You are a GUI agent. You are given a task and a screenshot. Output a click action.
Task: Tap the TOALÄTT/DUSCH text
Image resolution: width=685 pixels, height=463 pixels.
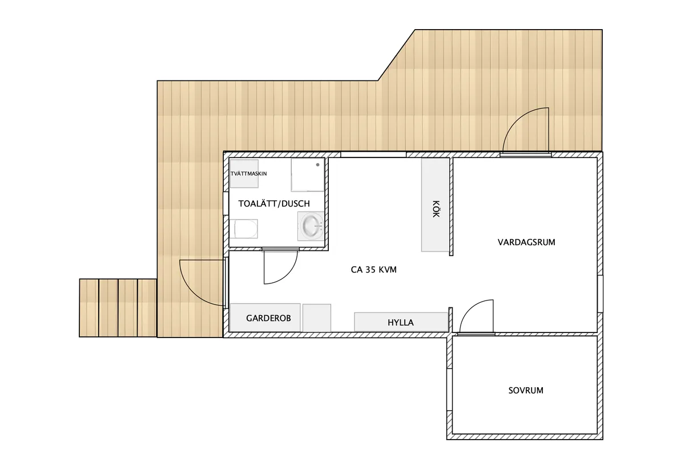click(x=273, y=203)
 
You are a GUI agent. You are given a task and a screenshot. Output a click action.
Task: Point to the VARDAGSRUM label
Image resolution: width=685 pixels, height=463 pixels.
click(x=526, y=242)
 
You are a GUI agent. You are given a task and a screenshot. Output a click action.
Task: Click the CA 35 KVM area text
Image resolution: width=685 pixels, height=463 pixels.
click(x=373, y=270)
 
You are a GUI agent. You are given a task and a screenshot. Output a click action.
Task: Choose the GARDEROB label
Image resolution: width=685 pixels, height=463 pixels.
click(x=268, y=318)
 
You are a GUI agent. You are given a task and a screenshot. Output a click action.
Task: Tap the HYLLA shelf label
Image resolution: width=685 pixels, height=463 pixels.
click(x=400, y=322)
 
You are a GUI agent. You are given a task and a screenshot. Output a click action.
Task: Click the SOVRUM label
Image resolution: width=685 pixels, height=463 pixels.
click(x=526, y=391)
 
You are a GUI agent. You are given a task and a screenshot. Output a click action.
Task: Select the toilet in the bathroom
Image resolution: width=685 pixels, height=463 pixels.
click(x=244, y=229)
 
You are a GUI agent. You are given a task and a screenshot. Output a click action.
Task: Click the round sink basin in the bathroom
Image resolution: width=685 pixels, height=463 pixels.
click(x=311, y=226)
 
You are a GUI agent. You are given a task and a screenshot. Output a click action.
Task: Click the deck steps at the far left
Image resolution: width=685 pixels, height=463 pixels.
click(x=118, y=307)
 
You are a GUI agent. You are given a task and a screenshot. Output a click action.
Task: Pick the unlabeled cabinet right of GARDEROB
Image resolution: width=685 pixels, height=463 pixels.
click(x=316, y=318)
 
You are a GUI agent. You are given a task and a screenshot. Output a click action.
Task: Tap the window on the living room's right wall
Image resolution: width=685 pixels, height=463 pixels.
click(x=600, y=294)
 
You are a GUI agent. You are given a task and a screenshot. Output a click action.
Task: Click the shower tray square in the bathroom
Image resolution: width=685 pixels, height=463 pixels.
click(x=308, y=174)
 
